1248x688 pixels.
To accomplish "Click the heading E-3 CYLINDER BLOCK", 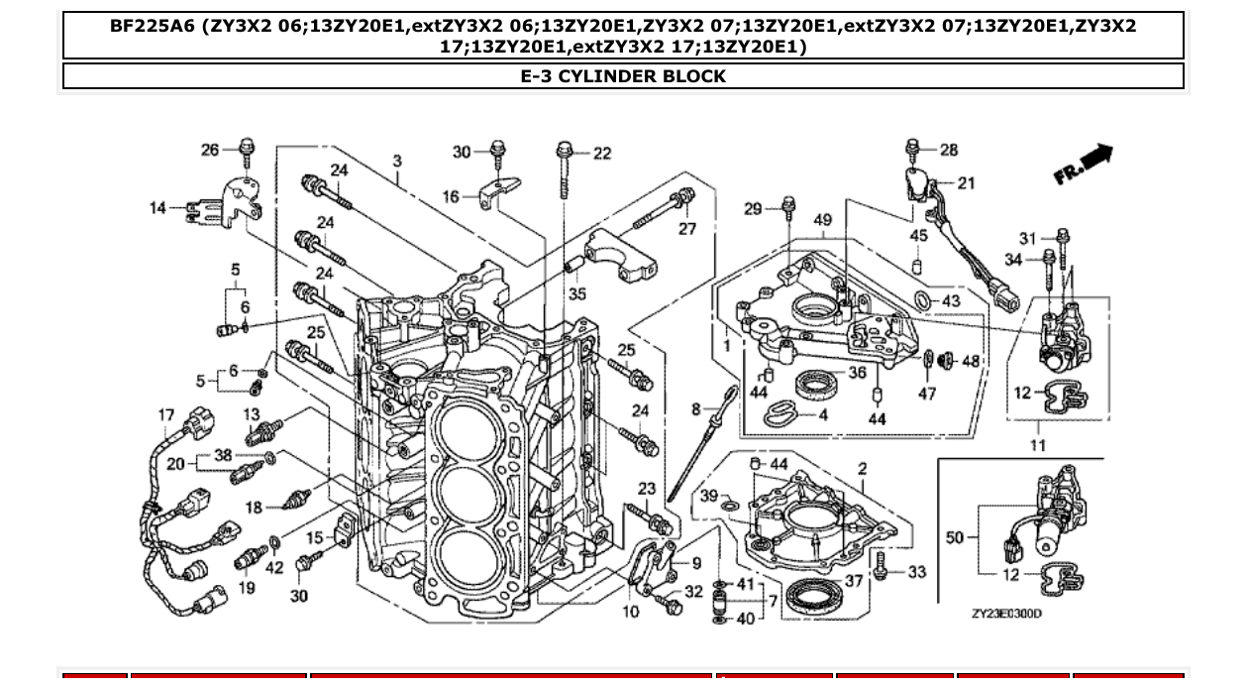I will click(623, 76).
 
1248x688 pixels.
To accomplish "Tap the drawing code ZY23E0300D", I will click(1006, 614).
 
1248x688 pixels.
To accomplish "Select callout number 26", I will click(210, 150).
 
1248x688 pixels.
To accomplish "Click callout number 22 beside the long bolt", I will click(602, 154).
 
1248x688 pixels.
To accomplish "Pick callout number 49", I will click(823, 220).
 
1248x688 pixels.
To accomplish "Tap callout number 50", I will click(954, 537).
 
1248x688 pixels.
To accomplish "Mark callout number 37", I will click(853, 582).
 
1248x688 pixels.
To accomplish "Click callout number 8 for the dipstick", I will click(696, 408).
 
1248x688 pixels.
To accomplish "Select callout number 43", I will click(951, 301).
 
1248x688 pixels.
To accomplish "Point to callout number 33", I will click(917, 572).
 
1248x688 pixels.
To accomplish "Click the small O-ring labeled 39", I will click(730, 511).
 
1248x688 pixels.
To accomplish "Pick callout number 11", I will click(1037, 445).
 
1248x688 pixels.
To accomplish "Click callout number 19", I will click(247, 588).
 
